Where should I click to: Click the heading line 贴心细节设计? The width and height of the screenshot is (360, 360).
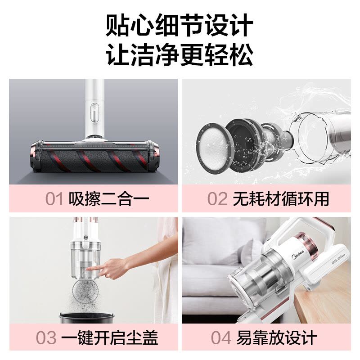[x=180, y=25]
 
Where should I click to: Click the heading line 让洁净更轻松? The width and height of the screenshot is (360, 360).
[x=180, y=54]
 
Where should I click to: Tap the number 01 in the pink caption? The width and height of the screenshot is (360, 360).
[x=54, y=198]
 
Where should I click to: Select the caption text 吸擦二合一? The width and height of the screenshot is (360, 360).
[x=109, y=198]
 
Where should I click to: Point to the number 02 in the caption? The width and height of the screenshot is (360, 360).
[x=217, y=198]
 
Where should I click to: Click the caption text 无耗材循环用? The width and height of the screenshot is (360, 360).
[x=281, y=198]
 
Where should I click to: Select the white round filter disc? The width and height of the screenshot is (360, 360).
[x=213, y=146]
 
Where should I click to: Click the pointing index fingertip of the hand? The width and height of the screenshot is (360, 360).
[x=88, y=269]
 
